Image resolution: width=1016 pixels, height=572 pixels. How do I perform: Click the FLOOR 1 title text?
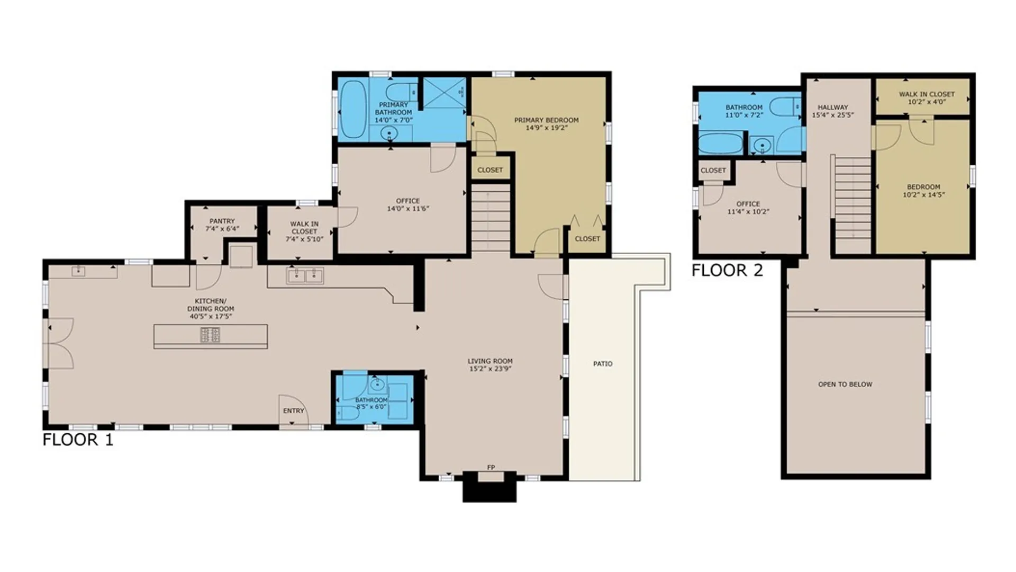click(x=78, y=440)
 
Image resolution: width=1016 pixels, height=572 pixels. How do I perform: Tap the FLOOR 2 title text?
click(x=727, y=271)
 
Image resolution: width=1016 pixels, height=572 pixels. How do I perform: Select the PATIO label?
click(x=603, y=364)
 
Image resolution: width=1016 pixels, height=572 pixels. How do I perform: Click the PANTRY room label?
click(x=222, y=221)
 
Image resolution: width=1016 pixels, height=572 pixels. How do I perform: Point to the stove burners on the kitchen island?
click(x=210, y=335)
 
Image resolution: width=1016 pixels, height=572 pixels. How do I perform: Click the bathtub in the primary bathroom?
click(x=353, y=109)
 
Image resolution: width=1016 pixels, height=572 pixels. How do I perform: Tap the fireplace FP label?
click(x=491, y=467)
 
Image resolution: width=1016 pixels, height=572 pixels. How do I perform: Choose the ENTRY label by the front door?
click(x=294, y=410)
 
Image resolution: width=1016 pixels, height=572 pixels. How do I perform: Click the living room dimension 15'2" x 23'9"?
click(x=490, y=369)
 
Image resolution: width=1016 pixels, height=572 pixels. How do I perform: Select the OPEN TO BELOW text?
click(x=845, y=385)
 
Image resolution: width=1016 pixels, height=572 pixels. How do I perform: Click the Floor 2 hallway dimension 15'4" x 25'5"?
click(x=833, y=115)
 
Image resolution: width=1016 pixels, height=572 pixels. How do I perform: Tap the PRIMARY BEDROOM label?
click(x=547, y=120)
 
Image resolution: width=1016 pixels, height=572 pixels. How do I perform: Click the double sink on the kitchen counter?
click(x=305, y=276)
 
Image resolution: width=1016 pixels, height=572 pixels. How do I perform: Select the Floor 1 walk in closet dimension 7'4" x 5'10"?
click(x=304, y=239)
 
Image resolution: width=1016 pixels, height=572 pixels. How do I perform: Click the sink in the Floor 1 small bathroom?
click(x=377, y=383)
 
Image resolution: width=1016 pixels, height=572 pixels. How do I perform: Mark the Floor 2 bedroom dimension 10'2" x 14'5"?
click(x=923, y=194)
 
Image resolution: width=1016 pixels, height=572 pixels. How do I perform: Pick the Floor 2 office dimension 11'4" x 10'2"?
click(x=748, y=211)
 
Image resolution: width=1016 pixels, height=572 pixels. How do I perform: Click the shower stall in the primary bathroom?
click(x=444, y=93)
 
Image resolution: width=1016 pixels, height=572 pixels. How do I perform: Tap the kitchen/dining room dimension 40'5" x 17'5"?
click(x=211, y=316)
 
